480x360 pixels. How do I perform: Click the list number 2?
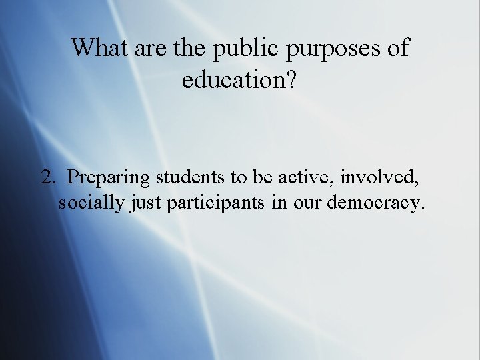point(47,177)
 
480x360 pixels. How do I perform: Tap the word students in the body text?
point(191,177)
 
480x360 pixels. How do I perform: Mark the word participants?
point(216,203)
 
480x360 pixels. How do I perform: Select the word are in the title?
point(151,49)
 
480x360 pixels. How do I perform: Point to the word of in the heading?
point(397,48)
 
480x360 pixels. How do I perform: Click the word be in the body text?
point(267,177)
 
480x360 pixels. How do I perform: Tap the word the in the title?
point(190,48)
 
